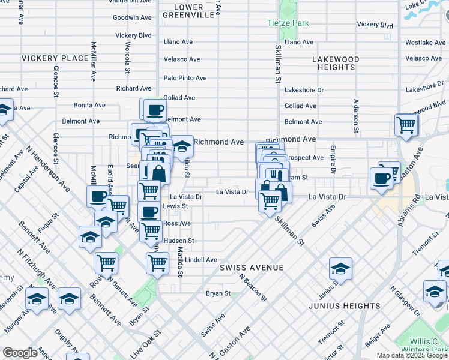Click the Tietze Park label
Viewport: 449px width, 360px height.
(288, 23)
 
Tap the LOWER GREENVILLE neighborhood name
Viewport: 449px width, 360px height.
(189, 11)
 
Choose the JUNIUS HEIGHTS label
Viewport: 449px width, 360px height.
(345, 306)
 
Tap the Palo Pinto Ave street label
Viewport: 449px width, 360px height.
(185, 78)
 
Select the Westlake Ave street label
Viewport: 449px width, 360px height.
(425, 43)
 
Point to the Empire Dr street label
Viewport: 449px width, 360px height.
(332, 158)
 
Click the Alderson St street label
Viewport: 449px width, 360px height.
(356, 116)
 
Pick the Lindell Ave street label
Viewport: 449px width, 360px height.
(201, 260)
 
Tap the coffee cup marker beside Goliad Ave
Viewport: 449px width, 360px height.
(154, 110)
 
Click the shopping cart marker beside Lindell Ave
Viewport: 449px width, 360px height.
(157, 262)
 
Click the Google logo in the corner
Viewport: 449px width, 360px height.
(20, 353)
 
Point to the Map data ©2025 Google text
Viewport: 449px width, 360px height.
(412, 355)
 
